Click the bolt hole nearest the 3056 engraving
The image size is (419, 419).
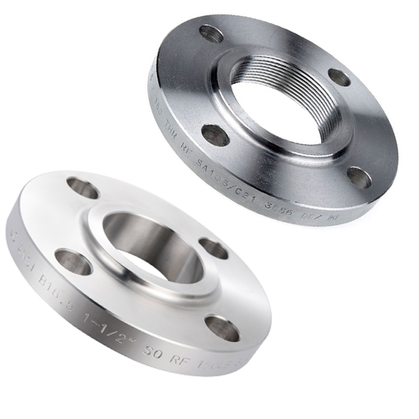(359, 177)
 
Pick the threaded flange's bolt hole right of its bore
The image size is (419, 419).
(340, 77)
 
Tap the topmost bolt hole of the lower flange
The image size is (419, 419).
(82, 187)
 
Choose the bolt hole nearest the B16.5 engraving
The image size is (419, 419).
(73, 262)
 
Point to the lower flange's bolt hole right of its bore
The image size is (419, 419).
(214, 248)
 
